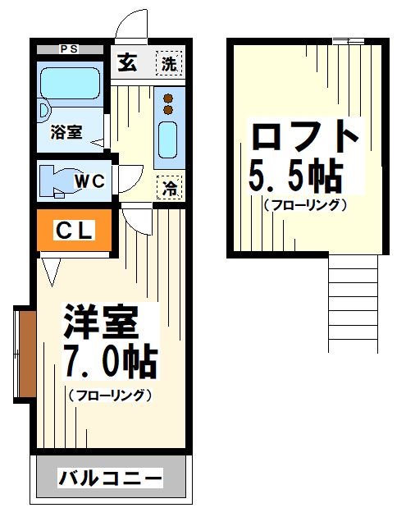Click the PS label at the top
[x=70, y=48]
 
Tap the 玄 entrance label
[x=126, y=62]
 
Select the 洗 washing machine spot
[x=169, y=63]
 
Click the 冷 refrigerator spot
[x=170, y=187]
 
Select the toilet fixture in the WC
[x=56, y=181]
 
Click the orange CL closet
[x=75, y=231]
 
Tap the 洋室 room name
[x=98, y=321]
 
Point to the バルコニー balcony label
[x=110, y=478]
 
